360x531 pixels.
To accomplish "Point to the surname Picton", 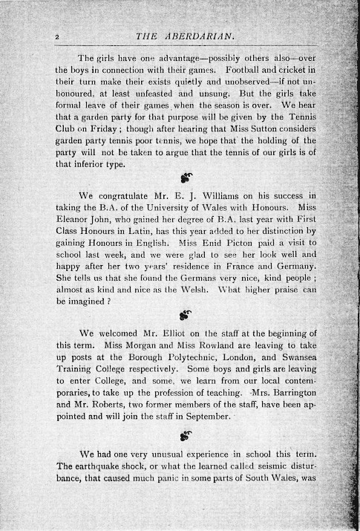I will pos(237,247).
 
